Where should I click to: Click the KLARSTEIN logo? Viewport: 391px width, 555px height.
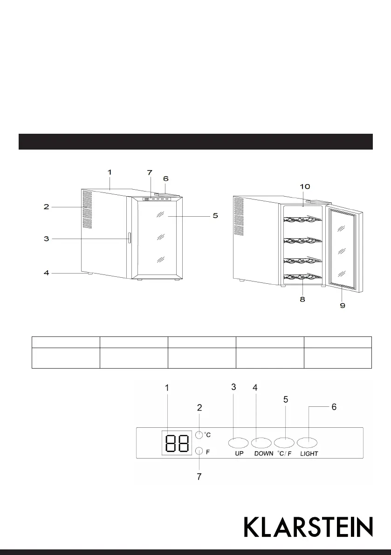[x=309, y=527]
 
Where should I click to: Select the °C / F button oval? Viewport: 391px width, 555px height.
[x=284, y=442]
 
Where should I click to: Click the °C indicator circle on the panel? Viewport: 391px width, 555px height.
[x=199, y=435]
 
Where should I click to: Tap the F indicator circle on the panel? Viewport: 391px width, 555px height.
[x=199, y=451]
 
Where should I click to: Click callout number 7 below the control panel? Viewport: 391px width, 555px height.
[x=199, y=476]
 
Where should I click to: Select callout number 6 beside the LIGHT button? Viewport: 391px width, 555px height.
[x=334, y=407]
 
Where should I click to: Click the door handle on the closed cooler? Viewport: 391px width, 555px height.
[x=129, y=238]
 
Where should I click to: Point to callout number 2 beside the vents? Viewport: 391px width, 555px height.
[x=46, y=207]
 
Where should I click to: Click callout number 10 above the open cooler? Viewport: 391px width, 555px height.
[x=304, y=186]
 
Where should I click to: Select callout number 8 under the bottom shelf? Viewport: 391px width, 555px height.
[x=302, y=300]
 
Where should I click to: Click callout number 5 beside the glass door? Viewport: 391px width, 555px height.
[x=215, y=216]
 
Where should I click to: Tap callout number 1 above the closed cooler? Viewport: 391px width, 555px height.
[x=110, y=172]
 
